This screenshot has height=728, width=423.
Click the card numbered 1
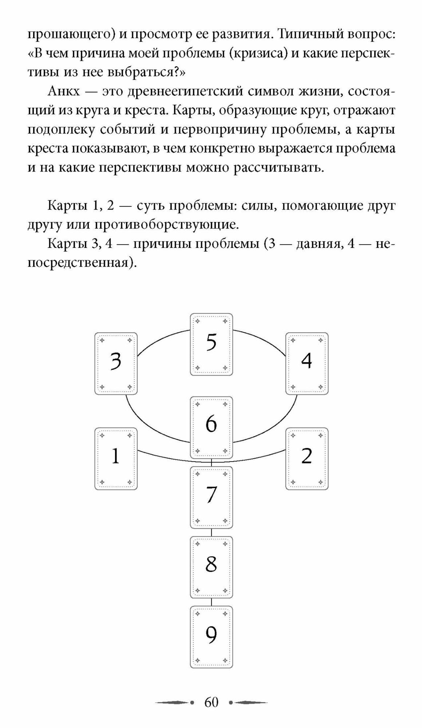pyautogui.click(x=116, y=459)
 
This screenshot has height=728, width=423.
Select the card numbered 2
pyautogui.click(x=307, y=459)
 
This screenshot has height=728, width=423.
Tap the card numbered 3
pyautogui.click(x=116, y=363)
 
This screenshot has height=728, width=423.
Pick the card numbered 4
pyautogui.click(x=307, y=363)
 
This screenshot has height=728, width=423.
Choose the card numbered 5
pyautogui.click(x=211, y=344)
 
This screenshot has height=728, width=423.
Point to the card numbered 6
pyautogui.click(x=211, y=427)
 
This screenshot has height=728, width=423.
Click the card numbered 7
pyautogui.click(x=211, y=497)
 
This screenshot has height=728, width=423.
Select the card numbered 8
pyautogui.click(x=211, y=567)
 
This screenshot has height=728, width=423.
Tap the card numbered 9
pyautogui.click(x=211, y=637)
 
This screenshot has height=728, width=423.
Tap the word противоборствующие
pyautogui.click(x=166, y=225)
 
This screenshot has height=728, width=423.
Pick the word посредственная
pyautogui.click(x=82, y=262)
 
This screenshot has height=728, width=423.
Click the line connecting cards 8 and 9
pyautogui.click(x=211, y=602)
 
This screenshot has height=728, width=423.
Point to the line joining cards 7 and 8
pyautogui.click(x=211, y=532)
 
